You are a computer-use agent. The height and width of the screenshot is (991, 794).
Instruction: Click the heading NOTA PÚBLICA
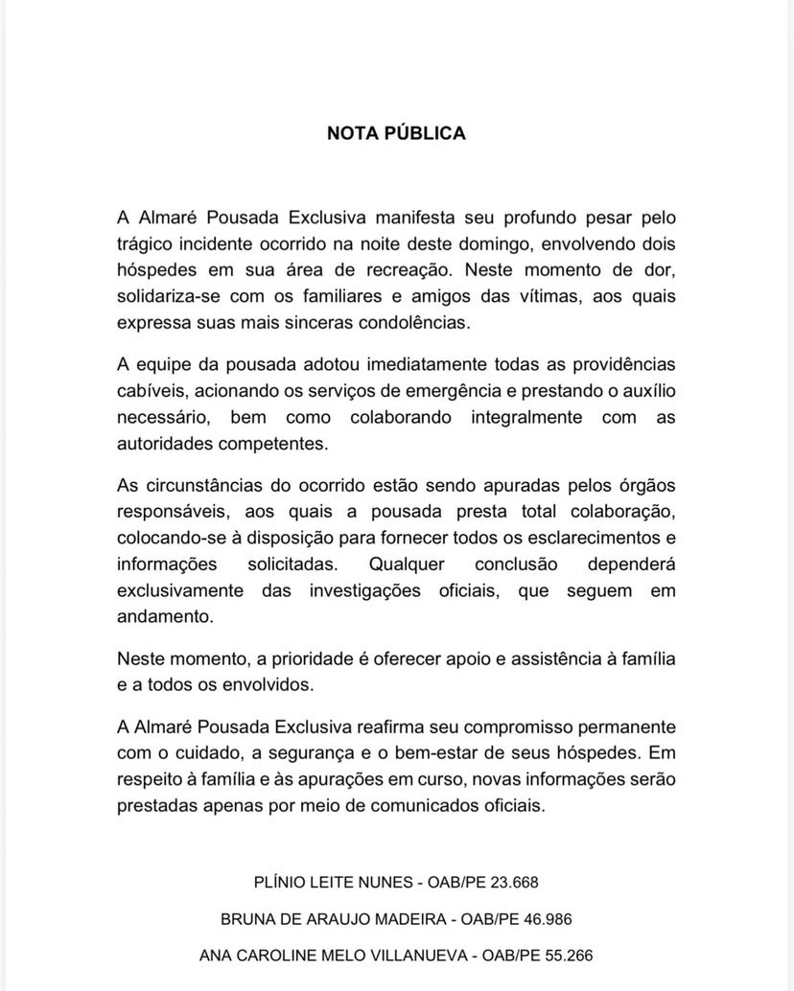396,133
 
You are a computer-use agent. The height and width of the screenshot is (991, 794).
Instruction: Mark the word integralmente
526,417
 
